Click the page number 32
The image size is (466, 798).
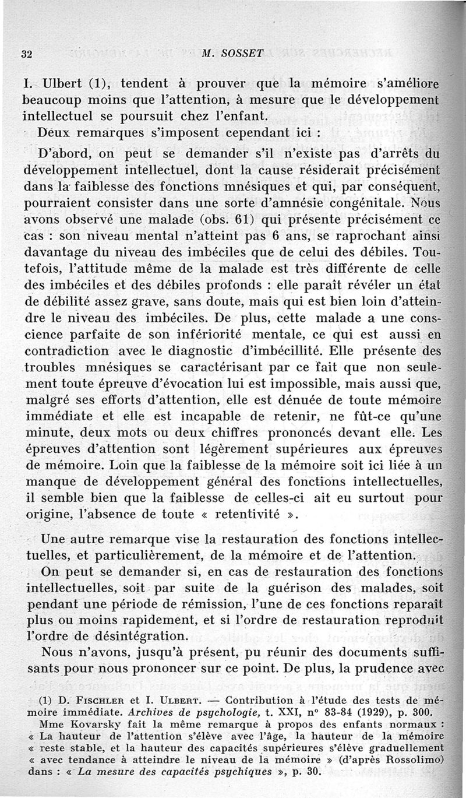click(25, 54)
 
